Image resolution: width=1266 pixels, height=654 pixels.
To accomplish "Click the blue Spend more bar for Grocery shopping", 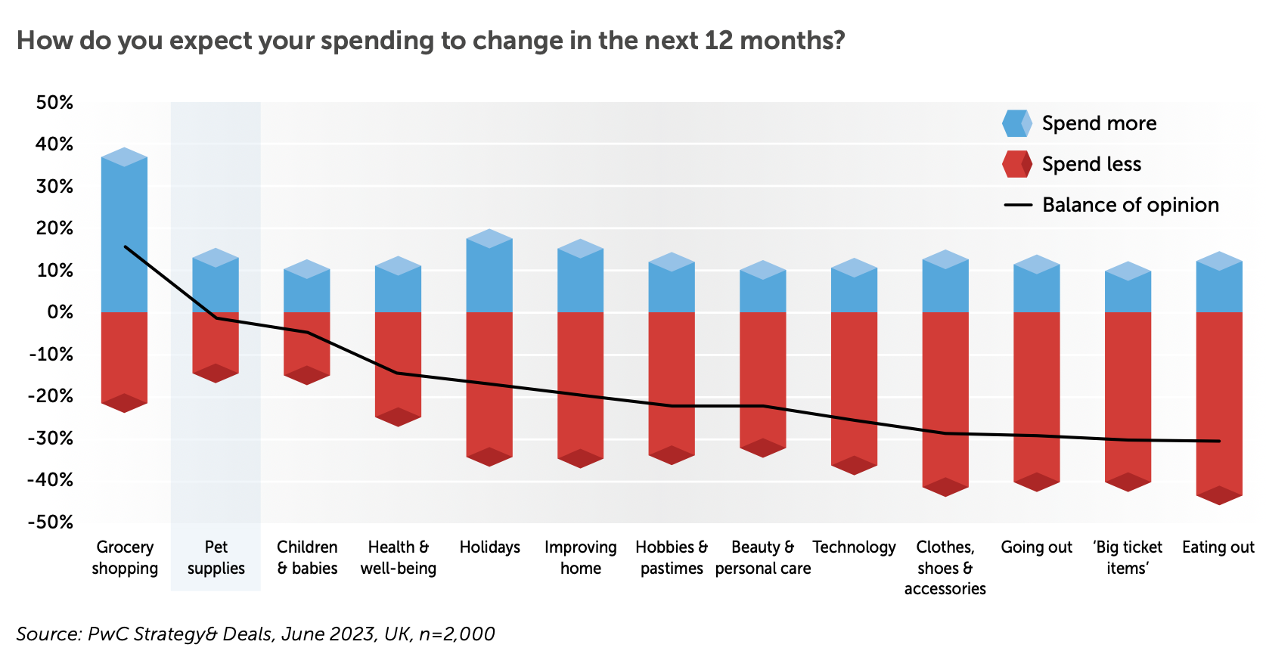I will pyautogui.click(x=124, y=234).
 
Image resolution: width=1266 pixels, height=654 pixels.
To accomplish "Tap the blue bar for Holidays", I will pyautogui.click(x=489, y=276).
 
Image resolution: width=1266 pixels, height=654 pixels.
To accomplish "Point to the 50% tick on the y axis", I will pyautogui.click(x=54, y=103).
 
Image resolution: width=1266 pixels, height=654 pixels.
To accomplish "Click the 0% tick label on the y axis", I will pyautogui.click(x=60, y=312).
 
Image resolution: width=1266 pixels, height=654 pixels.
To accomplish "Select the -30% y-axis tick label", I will pyautogui.click(x=51, y=439).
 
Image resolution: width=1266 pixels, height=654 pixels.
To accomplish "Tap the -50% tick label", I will pyautogui.click(x=51, y=522).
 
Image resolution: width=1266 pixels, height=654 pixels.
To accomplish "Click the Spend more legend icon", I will pyautogui.click(x=1016, y=123).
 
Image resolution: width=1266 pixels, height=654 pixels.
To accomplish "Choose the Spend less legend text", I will pyautogui.click(x=1091, y=164).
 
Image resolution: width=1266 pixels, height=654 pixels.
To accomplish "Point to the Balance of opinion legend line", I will pyautogui.click(x=1017, y=205).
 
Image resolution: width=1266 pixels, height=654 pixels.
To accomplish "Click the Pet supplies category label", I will pyautogui.click(x=216, y=557).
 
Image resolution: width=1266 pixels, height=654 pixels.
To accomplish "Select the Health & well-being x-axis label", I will pyautogui.click(x=398, y=557).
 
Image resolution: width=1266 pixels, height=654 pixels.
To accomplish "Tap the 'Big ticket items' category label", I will pyautogui.click(x=1128, y=557).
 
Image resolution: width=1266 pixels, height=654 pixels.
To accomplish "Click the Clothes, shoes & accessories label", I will pyautogui.click(x=945, y=567).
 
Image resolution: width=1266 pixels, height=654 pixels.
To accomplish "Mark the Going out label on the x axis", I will pyautogui.click(x=1036, y=547).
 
